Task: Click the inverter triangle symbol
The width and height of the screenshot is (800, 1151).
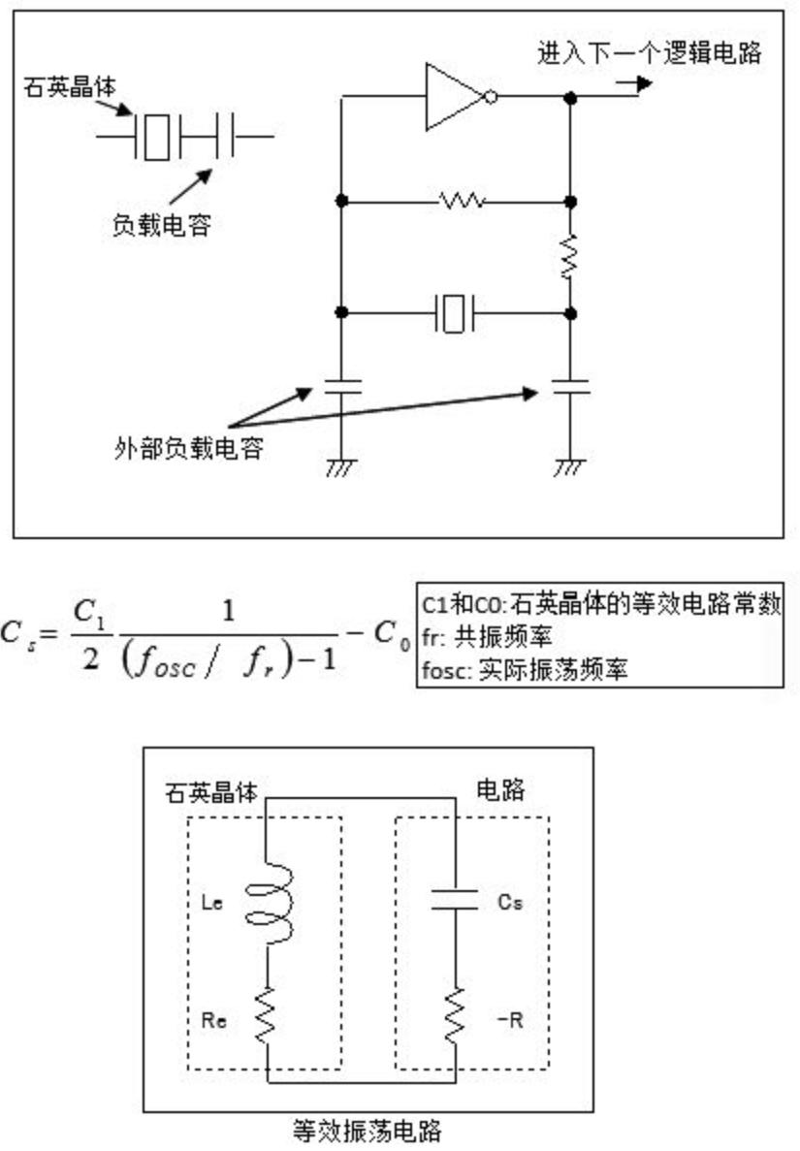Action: coord(454,97)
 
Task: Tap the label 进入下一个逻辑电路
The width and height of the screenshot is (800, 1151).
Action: coord(650,52)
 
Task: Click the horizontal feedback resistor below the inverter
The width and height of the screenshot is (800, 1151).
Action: coord(462,201)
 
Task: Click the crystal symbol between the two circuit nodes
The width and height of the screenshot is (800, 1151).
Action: coord(453,313)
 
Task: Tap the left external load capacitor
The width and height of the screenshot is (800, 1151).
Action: coord(341,386)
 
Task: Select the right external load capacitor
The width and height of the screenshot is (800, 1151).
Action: coord(570,386)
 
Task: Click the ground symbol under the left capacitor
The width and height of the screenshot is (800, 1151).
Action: coord(340,467)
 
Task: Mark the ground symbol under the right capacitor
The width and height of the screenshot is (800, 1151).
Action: coord(569,467)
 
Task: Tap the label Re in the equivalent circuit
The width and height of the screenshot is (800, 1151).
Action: coord(214,1020)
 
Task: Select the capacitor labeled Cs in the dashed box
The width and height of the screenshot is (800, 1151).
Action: coord(453,901)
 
